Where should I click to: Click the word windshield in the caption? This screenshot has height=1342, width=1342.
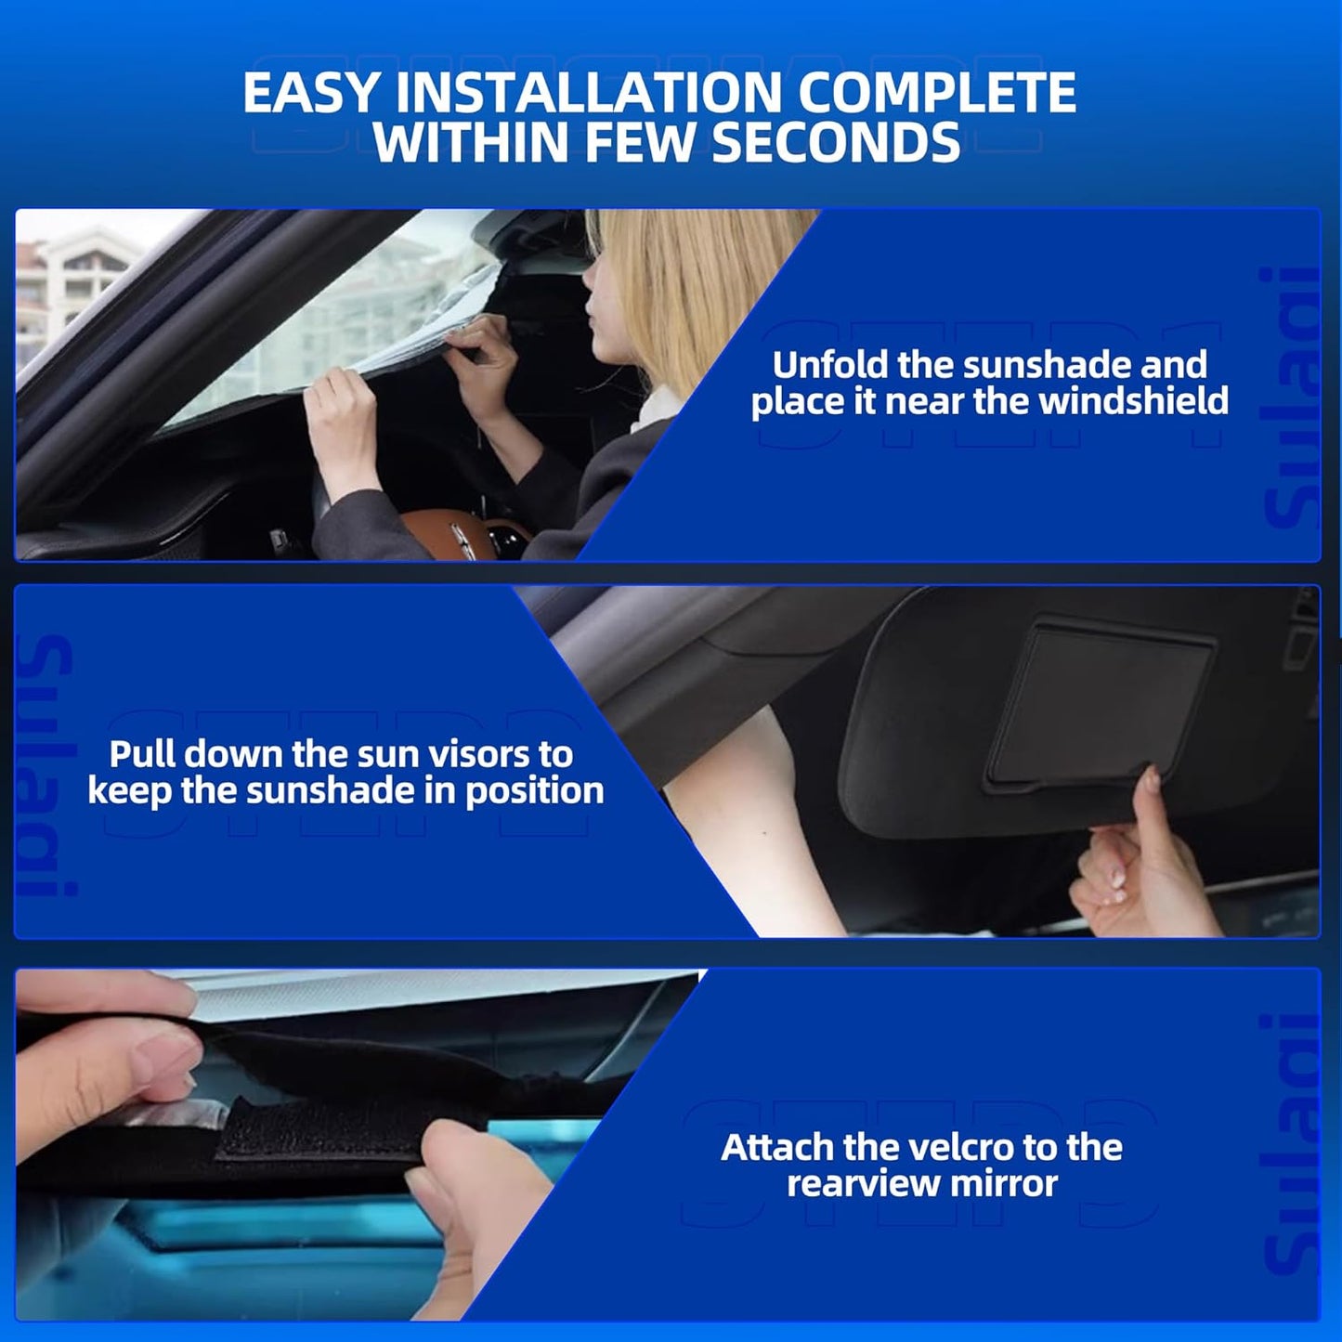click(1133, 401)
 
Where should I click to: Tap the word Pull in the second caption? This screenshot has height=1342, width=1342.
click(145, 754)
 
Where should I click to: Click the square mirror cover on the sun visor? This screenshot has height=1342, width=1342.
click(1101, 706)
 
